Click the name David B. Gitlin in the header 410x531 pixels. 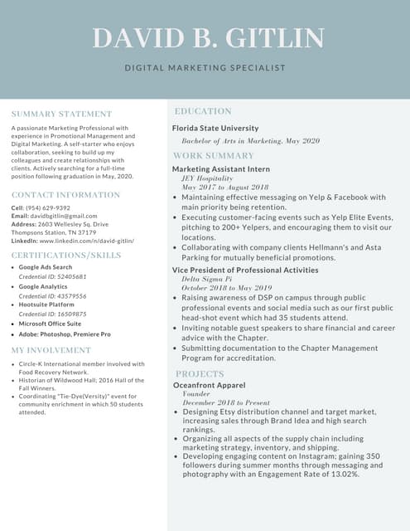(x=208, y=38)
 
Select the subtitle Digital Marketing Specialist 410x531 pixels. (x=205, y=68)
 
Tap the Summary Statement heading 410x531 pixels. (x=61, y=114)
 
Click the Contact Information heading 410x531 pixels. (x=65, y=195)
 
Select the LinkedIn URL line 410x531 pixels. (x=72, y=241)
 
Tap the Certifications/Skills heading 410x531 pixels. (x=65, y=256)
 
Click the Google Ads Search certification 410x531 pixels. (x=46, y=267)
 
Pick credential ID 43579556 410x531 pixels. (x=52, y=296)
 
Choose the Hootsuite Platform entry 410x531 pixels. (x=46, y=304)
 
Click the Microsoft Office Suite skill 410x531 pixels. (x=50, y=324)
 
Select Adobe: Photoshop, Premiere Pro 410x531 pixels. (x=65, y=334)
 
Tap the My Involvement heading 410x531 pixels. (x=51, y=351)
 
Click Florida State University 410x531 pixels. (x=215, y=129)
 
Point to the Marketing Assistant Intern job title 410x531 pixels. (x=221, y=169)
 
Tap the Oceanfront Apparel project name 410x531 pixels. (x=209, y=385)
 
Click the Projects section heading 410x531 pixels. (x=200, y=374)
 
